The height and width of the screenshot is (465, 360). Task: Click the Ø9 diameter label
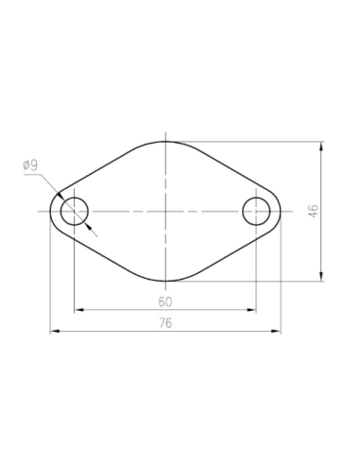click(30, 165)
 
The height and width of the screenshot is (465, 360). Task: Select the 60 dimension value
click(165, 301)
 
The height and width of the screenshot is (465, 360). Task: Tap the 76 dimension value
click(165, 323)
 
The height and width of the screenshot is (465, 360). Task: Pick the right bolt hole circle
click(256, 211)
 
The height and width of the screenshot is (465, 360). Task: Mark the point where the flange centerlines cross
click(165, 211)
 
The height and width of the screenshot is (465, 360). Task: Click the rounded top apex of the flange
click(165, 142)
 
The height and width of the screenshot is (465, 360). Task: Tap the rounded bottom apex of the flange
click(165, 281)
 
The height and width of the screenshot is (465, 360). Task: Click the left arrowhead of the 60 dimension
click(78, 309)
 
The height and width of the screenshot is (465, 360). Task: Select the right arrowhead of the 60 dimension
click(252, 309)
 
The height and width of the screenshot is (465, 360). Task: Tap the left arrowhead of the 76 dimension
click(55, 331)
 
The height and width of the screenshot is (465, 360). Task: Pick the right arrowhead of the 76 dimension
click(275, 331)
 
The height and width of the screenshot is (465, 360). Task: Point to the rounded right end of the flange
click(280, 211)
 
